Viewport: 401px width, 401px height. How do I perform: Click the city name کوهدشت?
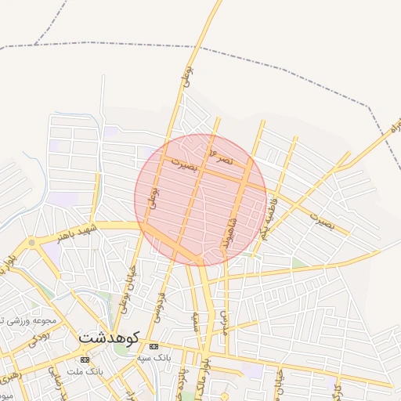coord(108,338)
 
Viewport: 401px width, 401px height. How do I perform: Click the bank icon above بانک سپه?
coord(154,346)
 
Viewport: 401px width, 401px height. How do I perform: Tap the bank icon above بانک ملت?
coord(85,359)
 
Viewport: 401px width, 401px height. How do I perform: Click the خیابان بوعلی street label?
coord(128,288)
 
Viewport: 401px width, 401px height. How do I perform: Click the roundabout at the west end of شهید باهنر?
coord(31,244)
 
